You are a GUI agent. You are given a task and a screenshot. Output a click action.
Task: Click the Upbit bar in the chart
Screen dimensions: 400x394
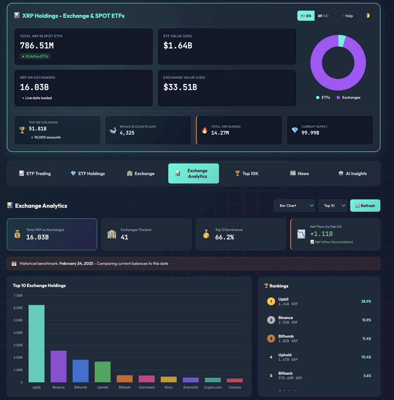click(36, 343)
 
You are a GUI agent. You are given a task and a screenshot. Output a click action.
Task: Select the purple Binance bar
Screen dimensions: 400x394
click(58, 366)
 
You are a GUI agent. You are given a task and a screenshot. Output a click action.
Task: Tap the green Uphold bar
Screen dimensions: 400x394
click(103, 372)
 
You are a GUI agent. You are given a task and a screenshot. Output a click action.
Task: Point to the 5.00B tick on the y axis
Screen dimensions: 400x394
click(18, 320)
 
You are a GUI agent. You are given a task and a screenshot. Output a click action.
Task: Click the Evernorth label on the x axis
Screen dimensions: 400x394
click(191, 387)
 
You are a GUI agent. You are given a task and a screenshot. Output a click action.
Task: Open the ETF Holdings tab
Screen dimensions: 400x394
click(88, 174)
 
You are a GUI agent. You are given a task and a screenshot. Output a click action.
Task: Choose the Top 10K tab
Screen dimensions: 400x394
click(246, 174)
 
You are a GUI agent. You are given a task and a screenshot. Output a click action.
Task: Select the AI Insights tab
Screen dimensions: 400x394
click(353, 174)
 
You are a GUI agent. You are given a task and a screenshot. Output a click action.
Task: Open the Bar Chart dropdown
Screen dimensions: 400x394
click(294, 206)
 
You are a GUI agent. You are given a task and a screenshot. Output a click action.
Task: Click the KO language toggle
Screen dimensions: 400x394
click(323, 16)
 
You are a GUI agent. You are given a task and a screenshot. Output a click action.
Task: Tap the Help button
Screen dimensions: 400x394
click(347, 16)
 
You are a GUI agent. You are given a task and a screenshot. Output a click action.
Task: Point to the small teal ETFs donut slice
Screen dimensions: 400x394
click(342, 41)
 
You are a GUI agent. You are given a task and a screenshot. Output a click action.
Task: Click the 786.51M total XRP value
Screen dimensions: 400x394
click(37, 46)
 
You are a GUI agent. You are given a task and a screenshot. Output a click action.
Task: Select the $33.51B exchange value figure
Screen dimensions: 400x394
click(180, 87)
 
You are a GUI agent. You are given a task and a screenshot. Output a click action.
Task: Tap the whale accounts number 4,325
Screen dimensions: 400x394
click(127, 133)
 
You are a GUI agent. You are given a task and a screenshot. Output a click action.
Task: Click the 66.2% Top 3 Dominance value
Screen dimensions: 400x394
click(224, 237)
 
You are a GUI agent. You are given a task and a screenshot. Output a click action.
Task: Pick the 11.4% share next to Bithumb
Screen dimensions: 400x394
click(367, 339)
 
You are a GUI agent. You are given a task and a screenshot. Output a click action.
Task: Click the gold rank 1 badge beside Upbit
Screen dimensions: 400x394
click(271, 301)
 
